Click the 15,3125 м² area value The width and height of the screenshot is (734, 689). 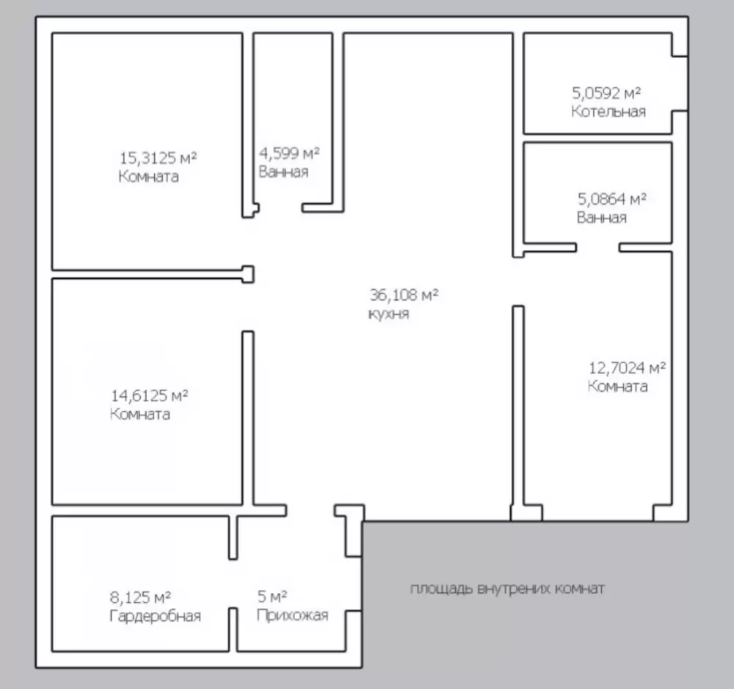coord(159,158)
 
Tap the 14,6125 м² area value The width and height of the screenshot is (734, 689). coord(149,396)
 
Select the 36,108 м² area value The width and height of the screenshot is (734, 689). coord(404,295)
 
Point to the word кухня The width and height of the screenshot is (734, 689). coord(388,313)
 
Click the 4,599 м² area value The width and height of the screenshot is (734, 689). coord(289,153)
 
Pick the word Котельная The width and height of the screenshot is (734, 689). coord(608,112)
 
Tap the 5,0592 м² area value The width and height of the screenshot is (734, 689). coord(607,93)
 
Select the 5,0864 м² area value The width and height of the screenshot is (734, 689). coord(612,199)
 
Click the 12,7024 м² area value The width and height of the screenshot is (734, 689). coord(628,368)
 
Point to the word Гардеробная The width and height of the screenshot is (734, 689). coord(156,616)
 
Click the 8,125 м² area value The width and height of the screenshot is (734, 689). coord(140,597)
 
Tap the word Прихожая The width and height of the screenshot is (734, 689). coord(293,615)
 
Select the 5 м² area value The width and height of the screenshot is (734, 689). coord(272,597)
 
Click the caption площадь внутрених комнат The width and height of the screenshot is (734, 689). coord(507,588)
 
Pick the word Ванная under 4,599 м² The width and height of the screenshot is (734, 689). coord(283,172)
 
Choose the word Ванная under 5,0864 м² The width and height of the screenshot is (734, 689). coord(602,218)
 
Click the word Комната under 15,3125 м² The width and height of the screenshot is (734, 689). coord(149,176)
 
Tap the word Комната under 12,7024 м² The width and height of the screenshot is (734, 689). coord(618,387)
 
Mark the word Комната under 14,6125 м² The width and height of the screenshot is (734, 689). coord(140,415)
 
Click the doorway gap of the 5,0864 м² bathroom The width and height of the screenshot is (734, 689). coord(597,247)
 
